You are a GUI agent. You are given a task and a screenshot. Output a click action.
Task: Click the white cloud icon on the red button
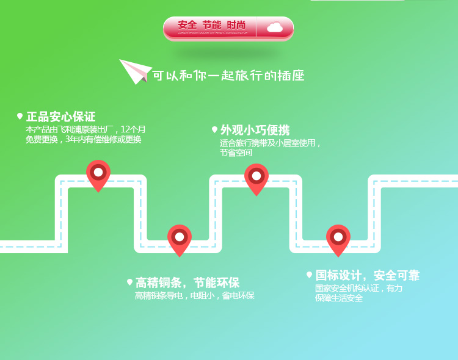274,26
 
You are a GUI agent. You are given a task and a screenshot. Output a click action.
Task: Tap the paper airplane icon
134,71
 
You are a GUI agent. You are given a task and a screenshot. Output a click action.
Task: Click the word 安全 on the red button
187,25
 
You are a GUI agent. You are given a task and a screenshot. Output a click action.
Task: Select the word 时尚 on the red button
236,25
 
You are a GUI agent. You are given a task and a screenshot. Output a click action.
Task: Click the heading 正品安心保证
60,117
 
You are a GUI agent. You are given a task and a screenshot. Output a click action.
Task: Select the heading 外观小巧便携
255,130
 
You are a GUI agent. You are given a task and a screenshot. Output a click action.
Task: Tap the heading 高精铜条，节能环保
187,283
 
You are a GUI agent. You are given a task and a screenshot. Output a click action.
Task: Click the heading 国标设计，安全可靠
367,275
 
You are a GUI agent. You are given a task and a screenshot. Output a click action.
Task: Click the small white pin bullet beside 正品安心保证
20,116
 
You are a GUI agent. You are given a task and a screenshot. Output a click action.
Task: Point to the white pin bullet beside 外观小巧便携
214,129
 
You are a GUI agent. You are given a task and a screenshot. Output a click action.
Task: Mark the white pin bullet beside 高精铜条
129,282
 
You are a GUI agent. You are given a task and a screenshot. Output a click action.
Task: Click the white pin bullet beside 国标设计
310,275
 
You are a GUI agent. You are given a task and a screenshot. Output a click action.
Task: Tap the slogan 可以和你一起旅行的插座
228,76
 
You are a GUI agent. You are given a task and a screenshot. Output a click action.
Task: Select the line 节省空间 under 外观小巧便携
236,153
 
